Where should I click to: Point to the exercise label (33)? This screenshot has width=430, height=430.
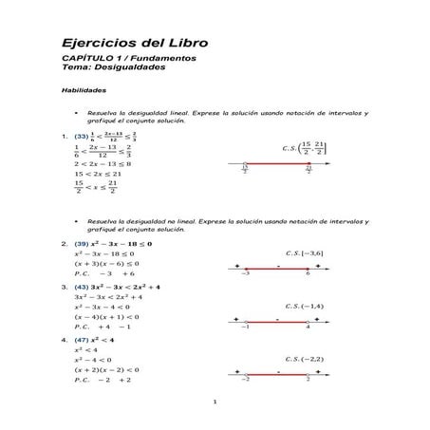81,135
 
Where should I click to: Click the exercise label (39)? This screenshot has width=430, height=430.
82,244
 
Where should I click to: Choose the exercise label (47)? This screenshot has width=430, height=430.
82,339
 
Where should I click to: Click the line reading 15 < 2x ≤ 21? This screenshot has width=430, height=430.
98,175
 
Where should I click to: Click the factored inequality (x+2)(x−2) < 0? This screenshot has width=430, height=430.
106,369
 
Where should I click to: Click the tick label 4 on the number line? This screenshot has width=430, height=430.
308,327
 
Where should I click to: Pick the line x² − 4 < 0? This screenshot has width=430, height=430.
93,360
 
